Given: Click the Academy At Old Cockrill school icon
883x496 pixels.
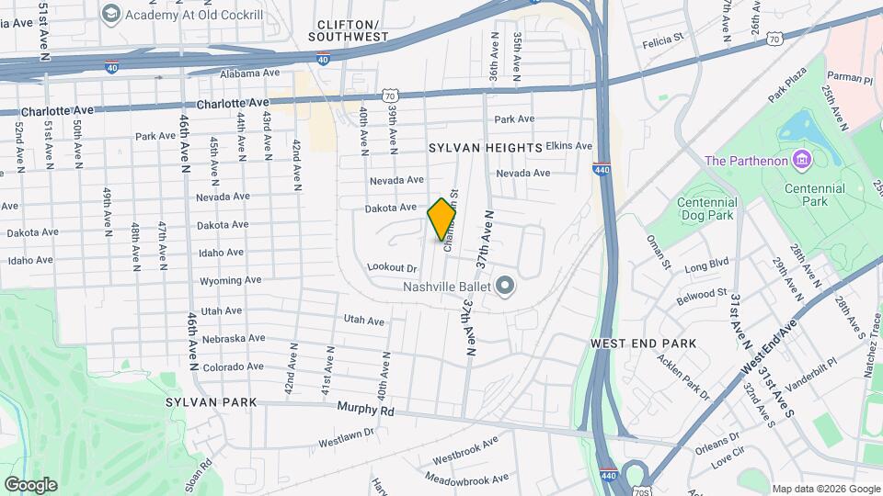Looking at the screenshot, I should [111, 13].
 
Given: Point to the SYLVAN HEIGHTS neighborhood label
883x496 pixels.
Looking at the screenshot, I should [485, 148].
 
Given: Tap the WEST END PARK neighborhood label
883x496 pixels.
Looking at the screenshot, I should [643, 343].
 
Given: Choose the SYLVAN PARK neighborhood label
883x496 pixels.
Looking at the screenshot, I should [203, 402].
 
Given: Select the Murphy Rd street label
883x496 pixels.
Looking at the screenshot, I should [365, 410].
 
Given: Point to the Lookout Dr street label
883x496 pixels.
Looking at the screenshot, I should [392, 267].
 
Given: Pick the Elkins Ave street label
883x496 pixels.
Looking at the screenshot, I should [568, 146].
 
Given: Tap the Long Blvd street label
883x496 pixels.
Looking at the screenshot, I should [706, 265].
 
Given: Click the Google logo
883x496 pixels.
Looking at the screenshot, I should [30, 485].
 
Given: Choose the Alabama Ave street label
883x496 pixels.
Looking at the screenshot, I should [248, 73].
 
